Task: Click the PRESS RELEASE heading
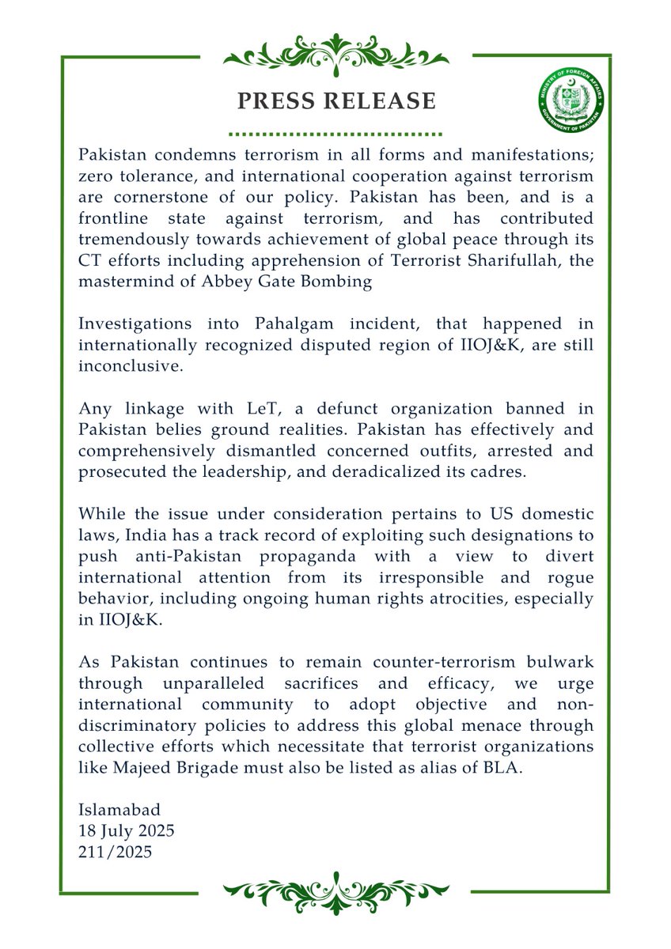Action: (336, 101)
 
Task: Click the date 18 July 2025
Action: (127, 831)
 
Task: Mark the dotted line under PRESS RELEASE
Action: (336, 134)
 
